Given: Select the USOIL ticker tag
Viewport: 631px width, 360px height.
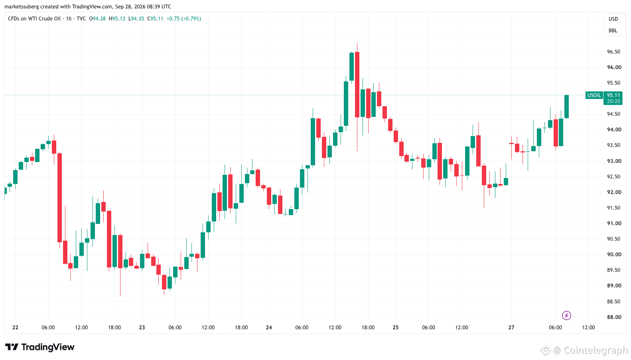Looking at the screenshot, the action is pos(594,95).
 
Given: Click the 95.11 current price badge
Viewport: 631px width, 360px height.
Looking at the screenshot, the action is pos(613,95).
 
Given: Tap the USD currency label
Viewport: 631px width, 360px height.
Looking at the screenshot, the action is pos(613,19).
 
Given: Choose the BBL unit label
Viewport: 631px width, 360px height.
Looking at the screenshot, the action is pos(613,30).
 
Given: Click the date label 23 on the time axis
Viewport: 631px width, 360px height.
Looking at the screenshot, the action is pos(142,327).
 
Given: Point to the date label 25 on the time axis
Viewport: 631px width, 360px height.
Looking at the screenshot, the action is pos(396,327).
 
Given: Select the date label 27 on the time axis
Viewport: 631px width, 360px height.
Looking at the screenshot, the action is pos(511,327).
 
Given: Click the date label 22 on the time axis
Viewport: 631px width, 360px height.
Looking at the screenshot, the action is pos(15,327).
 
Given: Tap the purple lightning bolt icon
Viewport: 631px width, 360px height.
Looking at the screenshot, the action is pos(566,315).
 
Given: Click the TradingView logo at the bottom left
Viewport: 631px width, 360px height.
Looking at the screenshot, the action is pos(40,347).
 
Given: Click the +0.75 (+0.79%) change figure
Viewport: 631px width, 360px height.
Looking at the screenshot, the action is pos(183,19).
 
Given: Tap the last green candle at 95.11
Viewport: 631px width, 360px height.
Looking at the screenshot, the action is pos(566,107).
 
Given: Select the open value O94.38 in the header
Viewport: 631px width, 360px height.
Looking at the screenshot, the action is pos(97,19).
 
